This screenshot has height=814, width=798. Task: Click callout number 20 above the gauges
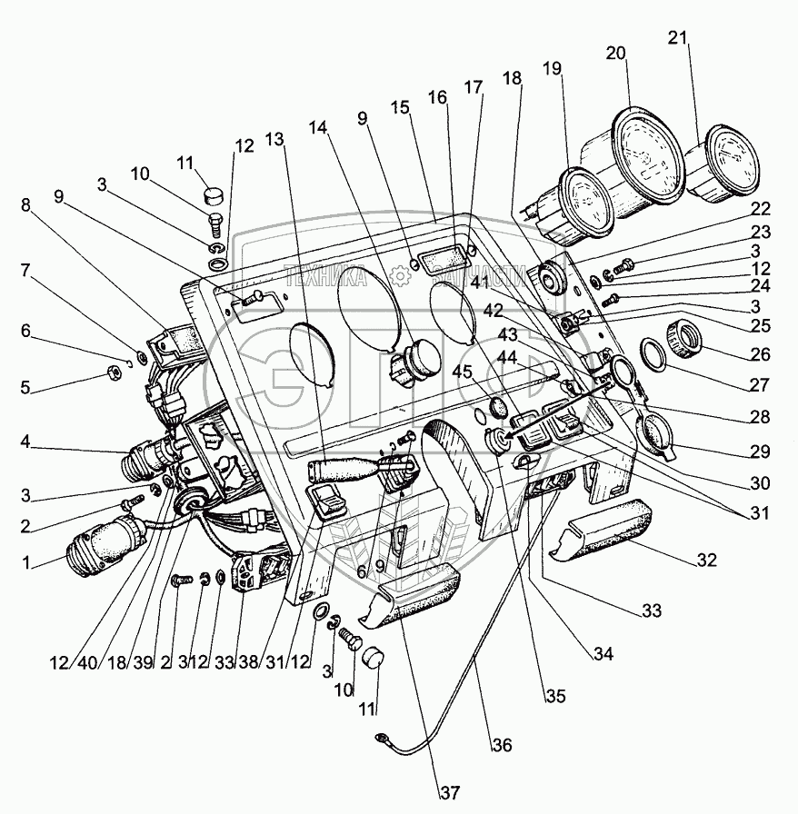(617, 53)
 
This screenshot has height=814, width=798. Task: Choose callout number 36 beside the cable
(503, 745)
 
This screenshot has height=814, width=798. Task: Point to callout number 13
(275, 139)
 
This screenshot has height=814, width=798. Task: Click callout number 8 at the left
(25, 205)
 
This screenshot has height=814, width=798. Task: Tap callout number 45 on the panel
(463, 371)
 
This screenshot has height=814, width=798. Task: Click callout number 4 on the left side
(25, 444)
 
